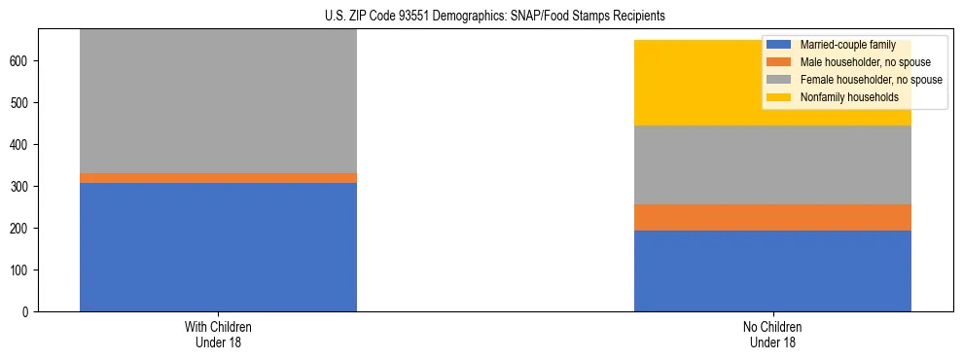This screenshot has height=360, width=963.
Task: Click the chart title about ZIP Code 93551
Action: (x=495, y=16)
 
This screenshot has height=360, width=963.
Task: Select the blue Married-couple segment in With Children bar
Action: (x=218, y=247)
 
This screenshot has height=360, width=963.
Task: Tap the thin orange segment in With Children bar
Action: (x=218, y=178)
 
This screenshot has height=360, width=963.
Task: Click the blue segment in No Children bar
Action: (x=772, y=270)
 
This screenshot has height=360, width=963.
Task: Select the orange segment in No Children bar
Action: (x=772, y=217)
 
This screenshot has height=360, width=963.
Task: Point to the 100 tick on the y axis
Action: (x=23, y=270)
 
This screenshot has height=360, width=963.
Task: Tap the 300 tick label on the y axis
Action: (x=23, y=187)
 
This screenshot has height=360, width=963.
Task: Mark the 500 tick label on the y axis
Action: (x=23, y=103)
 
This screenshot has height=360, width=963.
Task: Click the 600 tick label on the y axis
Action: (x=23, y=61)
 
